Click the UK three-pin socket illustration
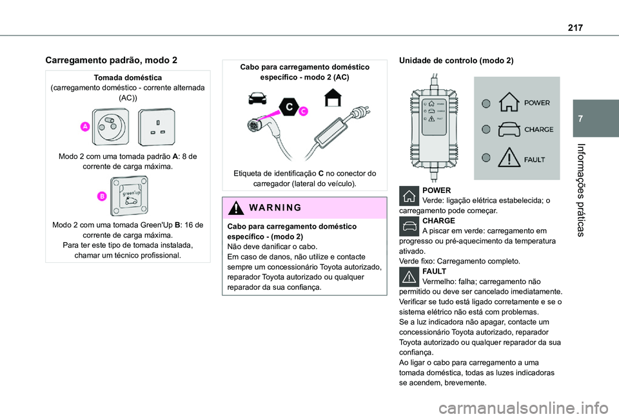(x=157, y=128)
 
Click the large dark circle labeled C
(x=290, y=106)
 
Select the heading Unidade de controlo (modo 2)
(x=457, y=60)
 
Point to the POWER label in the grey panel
(x=536, y=103)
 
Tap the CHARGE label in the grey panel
(x=538, y=129)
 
